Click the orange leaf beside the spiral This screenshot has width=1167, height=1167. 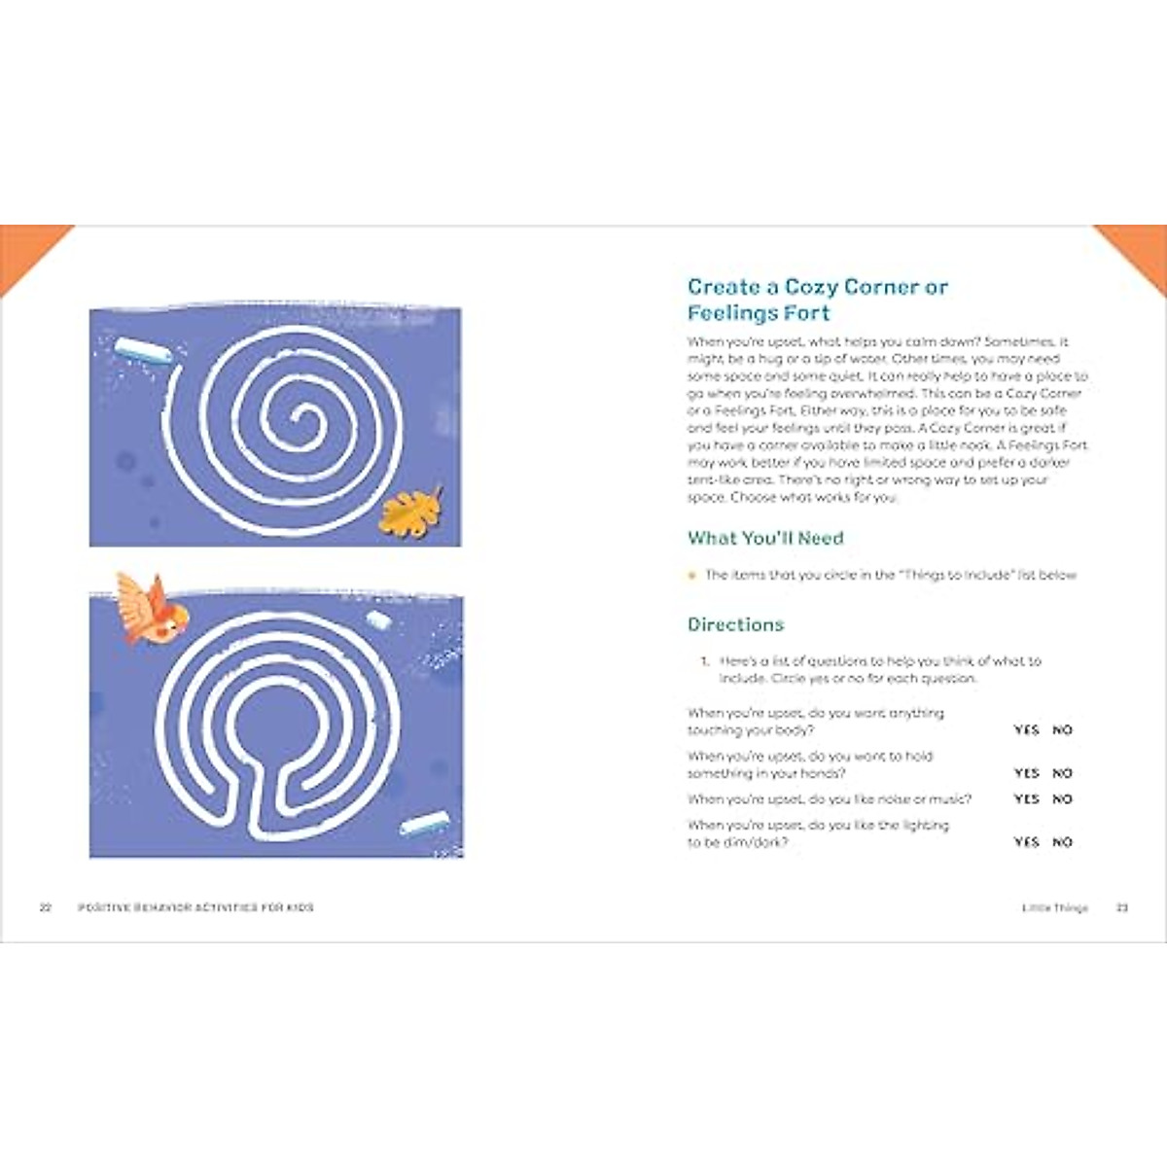[x=410, y=512]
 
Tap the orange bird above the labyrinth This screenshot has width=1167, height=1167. [x=151, y=610]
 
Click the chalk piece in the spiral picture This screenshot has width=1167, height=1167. [x=143, y=350]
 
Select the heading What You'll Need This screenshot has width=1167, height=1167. [x=765, y=538]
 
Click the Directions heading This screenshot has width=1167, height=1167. [x=735, y=624]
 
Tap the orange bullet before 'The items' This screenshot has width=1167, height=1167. [x=692, y=576]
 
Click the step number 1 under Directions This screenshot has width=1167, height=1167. [x=704, y=661]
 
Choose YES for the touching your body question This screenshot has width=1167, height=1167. [x=1026, y=729]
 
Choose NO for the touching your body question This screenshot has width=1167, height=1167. [x=1062, y=729]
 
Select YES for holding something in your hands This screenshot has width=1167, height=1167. [x=1026, y=773]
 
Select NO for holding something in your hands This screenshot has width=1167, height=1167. [x=1062, y=773]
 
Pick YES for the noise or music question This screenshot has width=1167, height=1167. [x=1026, y=799]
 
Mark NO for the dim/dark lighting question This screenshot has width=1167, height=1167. [x=1062, y=842]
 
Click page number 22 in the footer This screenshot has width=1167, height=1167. [x=45, y=907]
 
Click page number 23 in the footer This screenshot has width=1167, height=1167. [x=1121, y=907]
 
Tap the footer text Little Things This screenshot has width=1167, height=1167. [x=1054, y=907]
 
